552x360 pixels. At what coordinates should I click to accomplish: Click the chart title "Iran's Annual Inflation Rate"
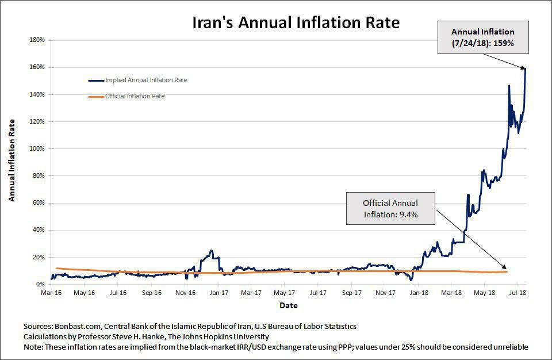pyautogui.click(x=296, y=24)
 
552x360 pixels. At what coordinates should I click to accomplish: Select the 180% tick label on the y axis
pyautogui.click(x=37, y=40)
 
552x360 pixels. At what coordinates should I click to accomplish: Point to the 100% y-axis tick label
pyautogui.click(x=37, y=148)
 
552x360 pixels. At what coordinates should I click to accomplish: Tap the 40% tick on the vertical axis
pyautogui.click(x=39, y=230)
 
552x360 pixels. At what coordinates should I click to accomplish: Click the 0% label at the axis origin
pyautogui.click(x=41, y=284)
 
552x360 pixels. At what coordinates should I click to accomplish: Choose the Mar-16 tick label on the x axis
pyautogui.click(x=51, y=292)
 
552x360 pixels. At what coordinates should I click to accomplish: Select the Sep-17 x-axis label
pyautogui.click(x=351, y=292)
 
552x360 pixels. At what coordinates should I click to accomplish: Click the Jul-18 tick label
pyautogui.click(x=517, y=292)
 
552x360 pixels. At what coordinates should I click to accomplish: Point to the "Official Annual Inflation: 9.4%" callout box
pyautogui.click(x=390, y=209)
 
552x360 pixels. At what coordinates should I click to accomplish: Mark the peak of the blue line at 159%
pyautogui.click(x=525, y=68)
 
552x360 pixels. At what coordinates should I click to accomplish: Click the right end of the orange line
pyautogui.click(x=507, y=271)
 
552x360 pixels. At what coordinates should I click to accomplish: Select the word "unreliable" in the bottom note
pyautogui.click(x=509, y=347)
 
